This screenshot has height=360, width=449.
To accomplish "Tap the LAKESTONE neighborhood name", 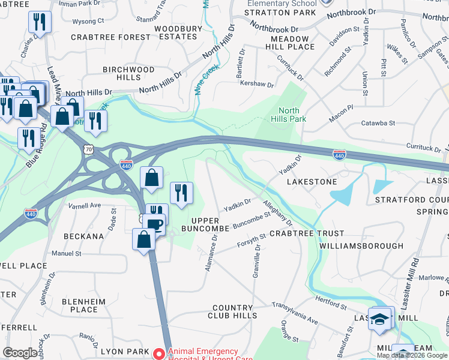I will click(312, 181).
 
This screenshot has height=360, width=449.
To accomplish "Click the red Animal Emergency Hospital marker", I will click(158, 354).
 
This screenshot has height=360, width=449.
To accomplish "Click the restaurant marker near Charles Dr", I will click(40, 22).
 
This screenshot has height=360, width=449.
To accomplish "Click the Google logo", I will click(20, 353).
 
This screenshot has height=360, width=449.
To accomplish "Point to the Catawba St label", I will click(378, 123).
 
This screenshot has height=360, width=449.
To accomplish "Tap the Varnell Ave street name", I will click(85, 205).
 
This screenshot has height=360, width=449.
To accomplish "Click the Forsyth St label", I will click(251, 241).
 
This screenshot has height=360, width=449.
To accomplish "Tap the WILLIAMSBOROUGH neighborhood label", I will click(361, 246).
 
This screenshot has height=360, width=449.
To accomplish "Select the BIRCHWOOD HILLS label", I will click(128, 73).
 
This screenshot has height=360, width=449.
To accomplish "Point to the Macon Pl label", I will click(341, 113).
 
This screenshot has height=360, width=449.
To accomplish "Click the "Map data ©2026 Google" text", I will click(412, 355).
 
